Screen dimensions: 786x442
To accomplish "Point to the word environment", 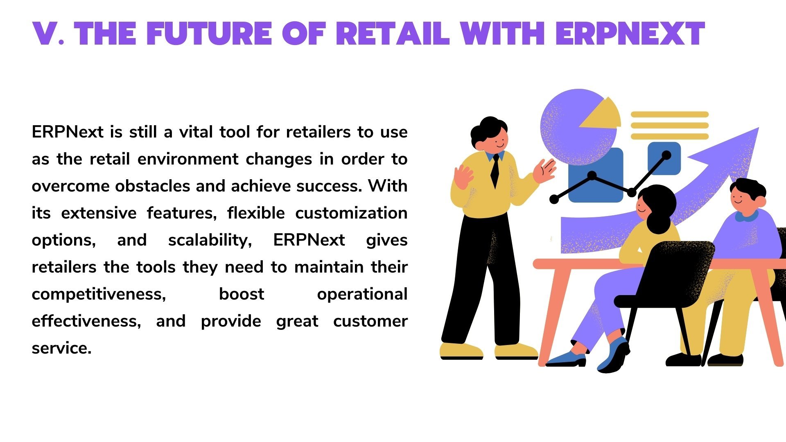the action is point(188,159).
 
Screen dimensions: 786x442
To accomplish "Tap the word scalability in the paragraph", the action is point(210,240).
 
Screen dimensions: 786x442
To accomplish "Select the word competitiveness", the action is point(99,294).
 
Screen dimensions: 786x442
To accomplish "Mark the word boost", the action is point(242,294).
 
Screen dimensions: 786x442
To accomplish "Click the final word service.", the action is point(61,348).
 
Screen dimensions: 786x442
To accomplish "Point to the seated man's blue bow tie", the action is point(746,216).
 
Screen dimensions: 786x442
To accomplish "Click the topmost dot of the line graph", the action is point(666,155).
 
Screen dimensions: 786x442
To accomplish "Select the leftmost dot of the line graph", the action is point(554,199).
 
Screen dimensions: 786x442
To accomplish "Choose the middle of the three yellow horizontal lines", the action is point(670,125).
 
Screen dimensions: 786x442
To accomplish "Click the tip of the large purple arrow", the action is point(759,128).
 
